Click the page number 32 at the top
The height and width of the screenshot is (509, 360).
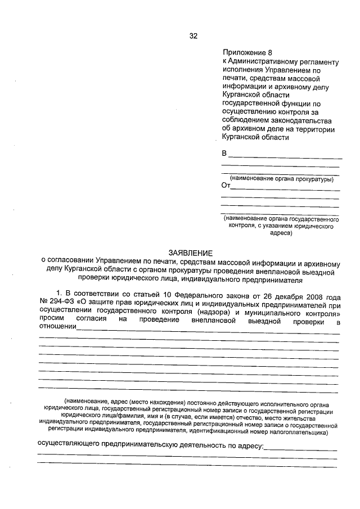(x=193, y=36)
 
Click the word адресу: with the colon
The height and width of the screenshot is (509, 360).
(x=248, y=445)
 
